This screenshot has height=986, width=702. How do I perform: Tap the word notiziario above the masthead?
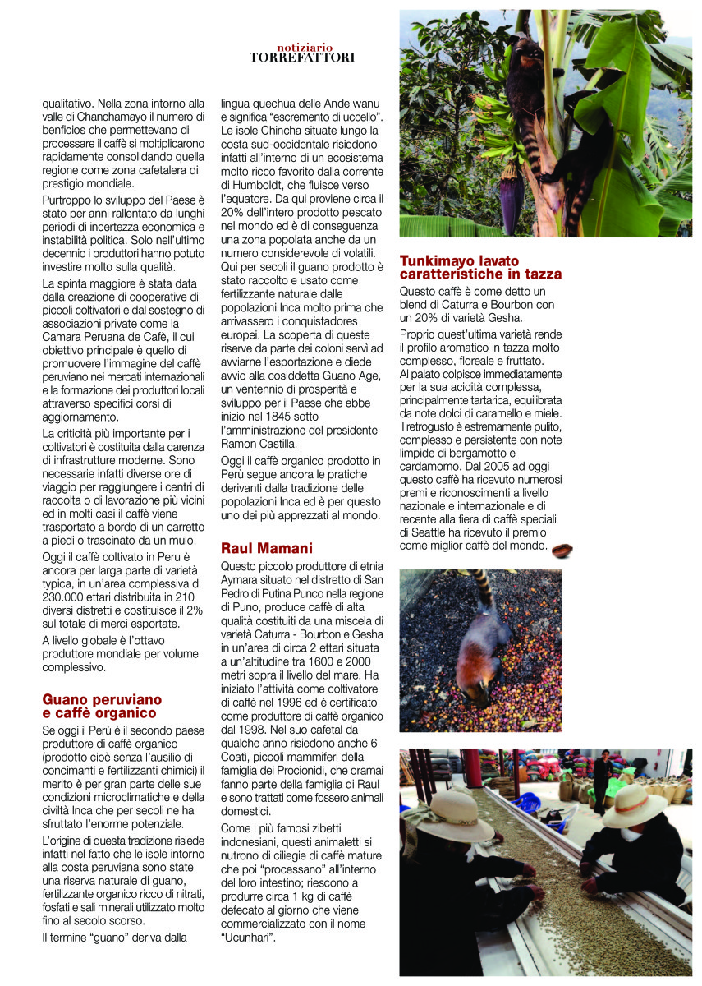pyautogui.click(x=303, y=48)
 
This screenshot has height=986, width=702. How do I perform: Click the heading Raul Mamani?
pyautogui.click(x=266, y=547)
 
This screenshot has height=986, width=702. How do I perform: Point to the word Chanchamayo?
pyautogui.click(x=109, y=117)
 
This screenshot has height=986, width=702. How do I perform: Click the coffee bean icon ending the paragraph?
pyautogui.click(x=562, y=550)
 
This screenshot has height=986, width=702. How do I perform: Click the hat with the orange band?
pyautogui.click(x=632, y=805)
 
